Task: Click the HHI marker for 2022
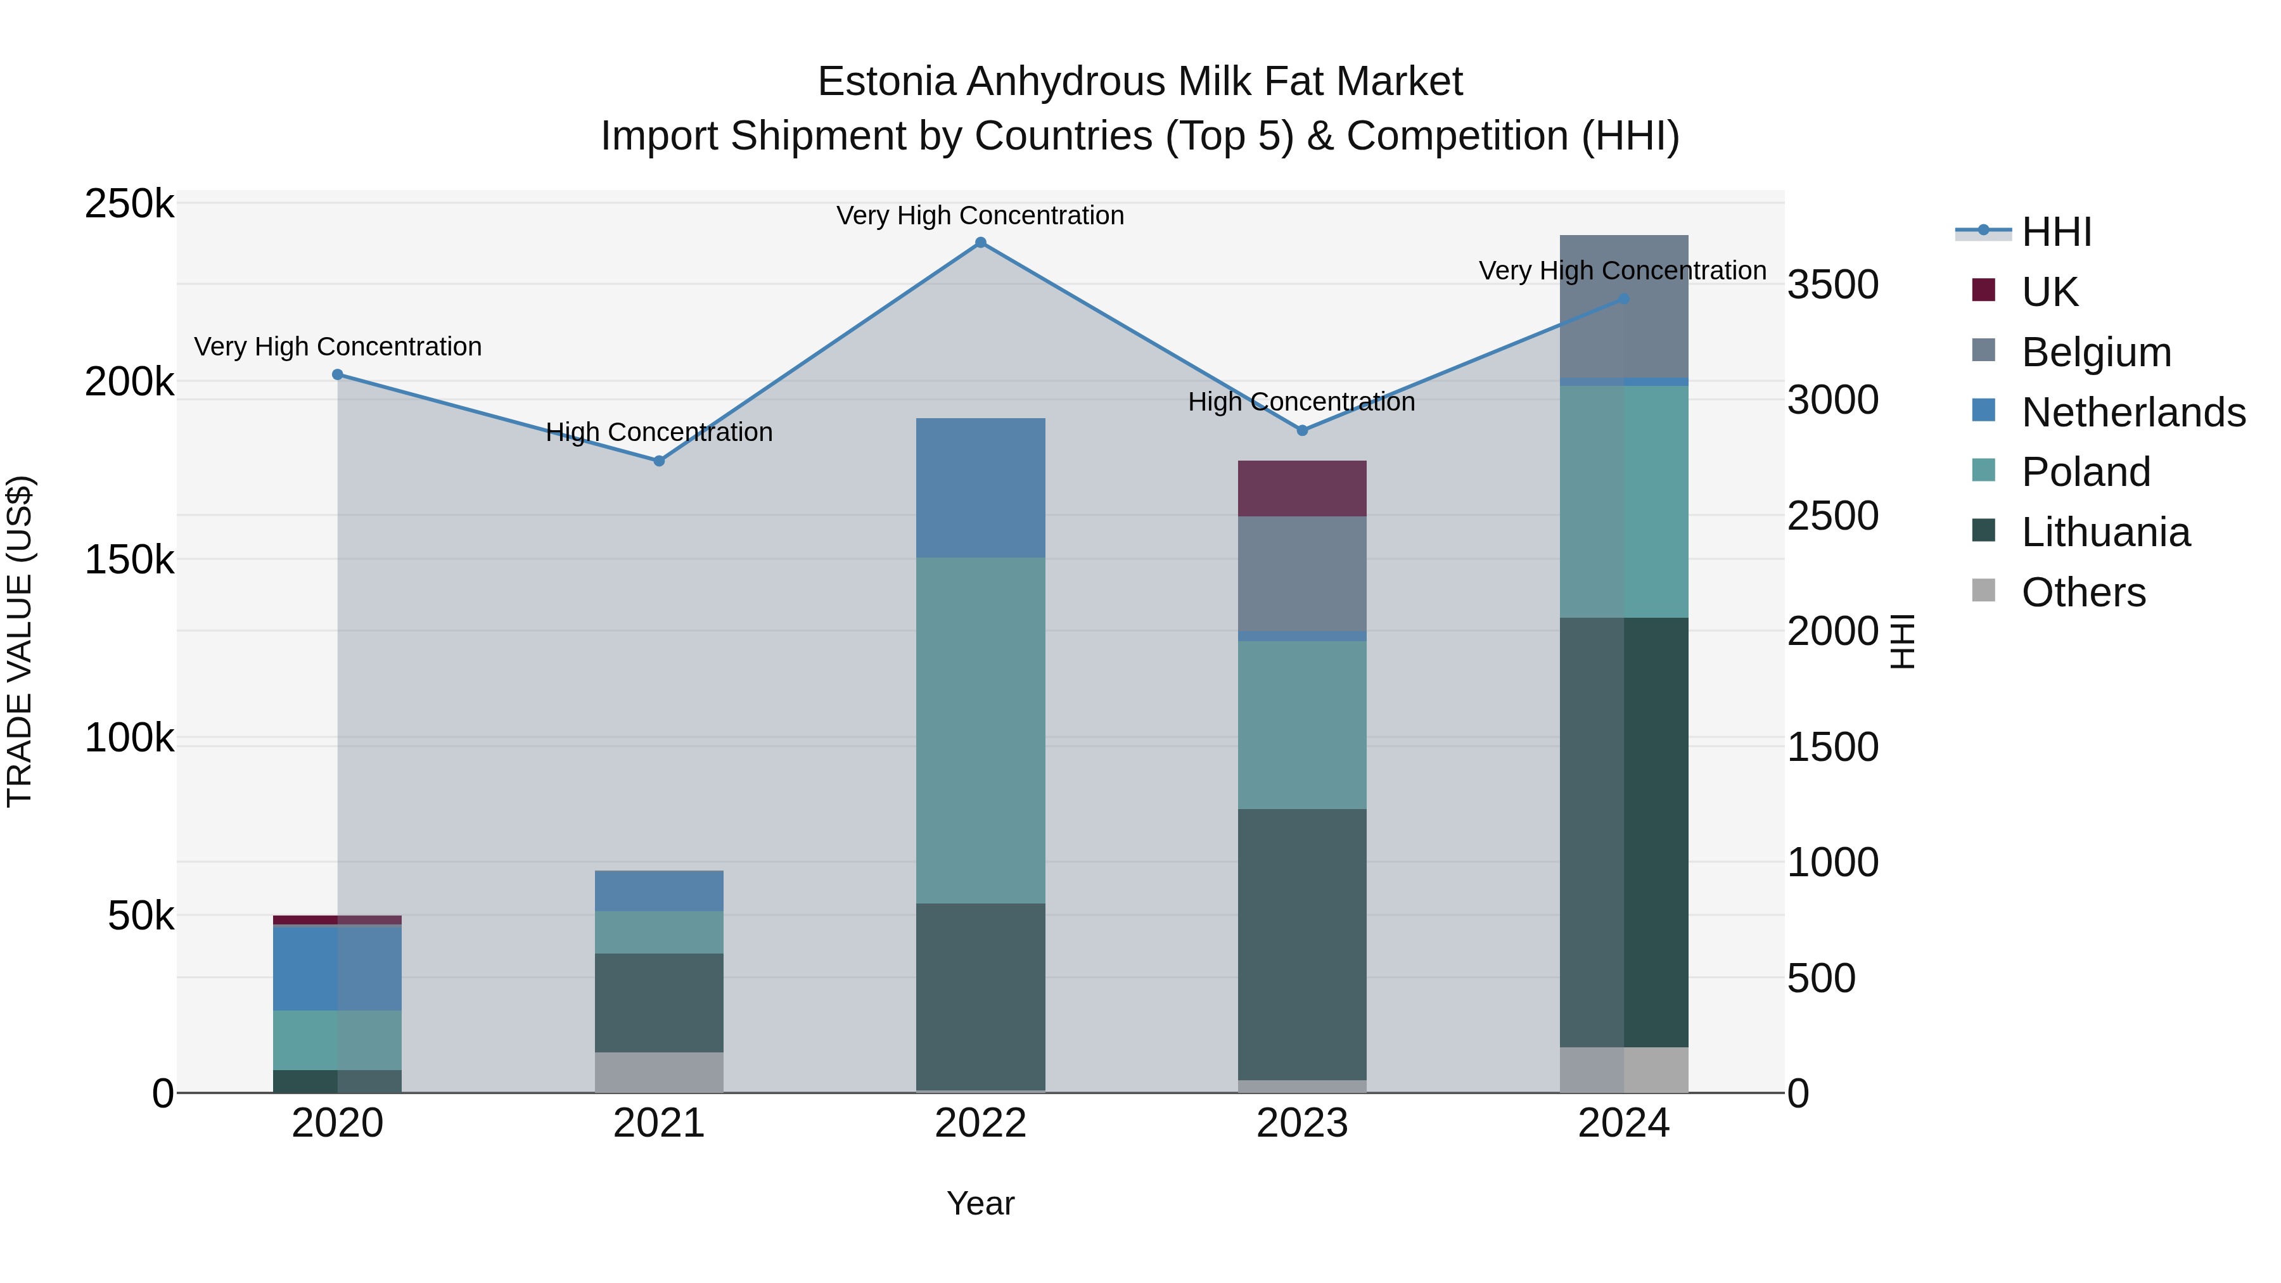980,243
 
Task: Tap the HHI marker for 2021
659,461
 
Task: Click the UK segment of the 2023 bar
1301,488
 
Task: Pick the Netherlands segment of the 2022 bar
980,488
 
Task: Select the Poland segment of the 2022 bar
980,731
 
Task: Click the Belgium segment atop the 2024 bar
1623,307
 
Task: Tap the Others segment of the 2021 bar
659,1072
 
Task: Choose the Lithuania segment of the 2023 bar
1301,944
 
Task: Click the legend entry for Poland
2085,473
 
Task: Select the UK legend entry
2049,292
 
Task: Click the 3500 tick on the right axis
1832,285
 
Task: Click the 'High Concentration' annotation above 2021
659,432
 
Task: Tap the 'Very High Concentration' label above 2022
980,216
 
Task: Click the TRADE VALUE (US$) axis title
20,641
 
